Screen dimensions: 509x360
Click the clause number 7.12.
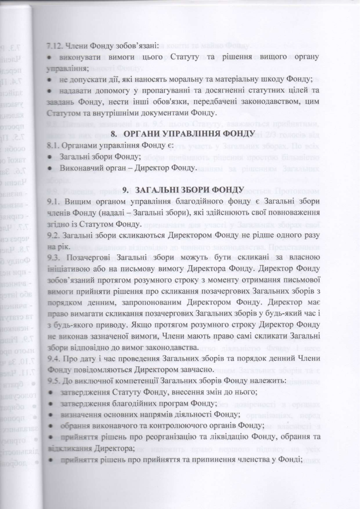pyautogui.click(x=54, y=46)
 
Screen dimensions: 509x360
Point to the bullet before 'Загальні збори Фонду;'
pyautogui.click(x=50, y=157)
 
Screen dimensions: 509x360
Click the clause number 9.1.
pyautogui.click(x=53, y=202)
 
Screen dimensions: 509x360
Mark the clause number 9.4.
pyautogui.click(x=53, y=359)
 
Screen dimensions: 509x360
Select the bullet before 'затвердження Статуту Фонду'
pyautogui.click(x=50, y=392)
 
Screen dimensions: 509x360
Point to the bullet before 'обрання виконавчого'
pyautogui.click(x=50, y=426)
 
